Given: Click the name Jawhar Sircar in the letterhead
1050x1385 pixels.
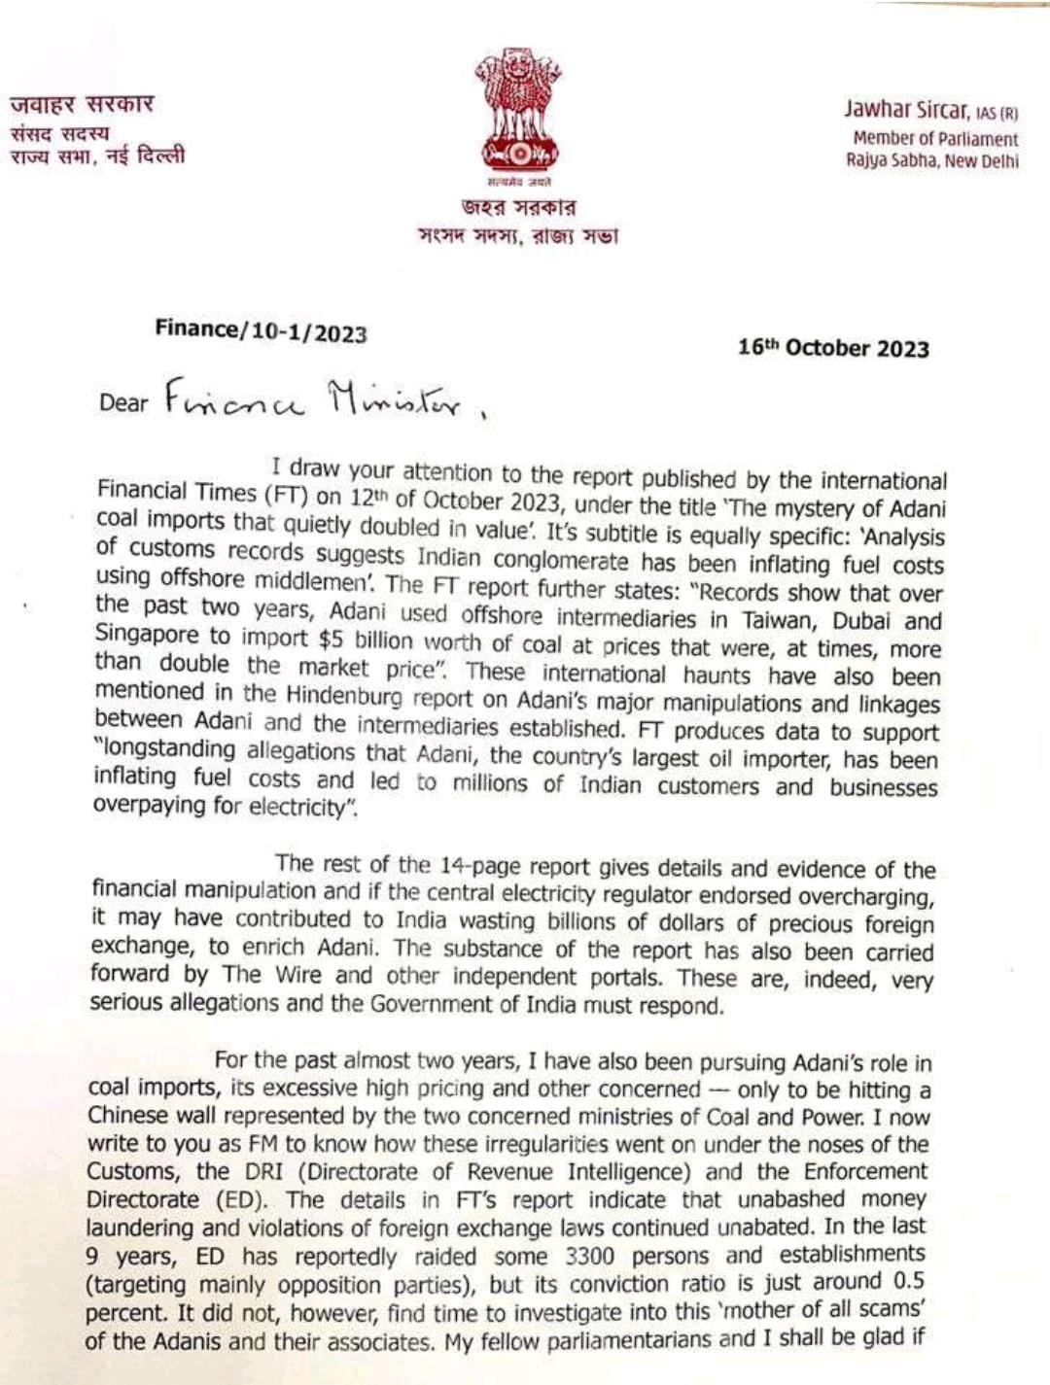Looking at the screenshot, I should (x=905, y=109).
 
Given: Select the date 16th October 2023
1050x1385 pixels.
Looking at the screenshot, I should (x=833, y=348).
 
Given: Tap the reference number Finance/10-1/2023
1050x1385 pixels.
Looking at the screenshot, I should (x=261, y=331).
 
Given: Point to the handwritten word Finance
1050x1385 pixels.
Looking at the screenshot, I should (x=234, y=398).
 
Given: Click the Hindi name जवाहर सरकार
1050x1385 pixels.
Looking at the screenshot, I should (x=83, y=104).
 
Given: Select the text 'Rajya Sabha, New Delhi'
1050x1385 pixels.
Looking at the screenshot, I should (x=931, y=161).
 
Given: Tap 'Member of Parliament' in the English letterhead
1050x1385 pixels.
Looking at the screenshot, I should (x=935, y=139).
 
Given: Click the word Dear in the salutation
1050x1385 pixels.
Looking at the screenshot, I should (x=123, y=401).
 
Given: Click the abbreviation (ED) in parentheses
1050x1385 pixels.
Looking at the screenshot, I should (x=239, y=1199).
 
